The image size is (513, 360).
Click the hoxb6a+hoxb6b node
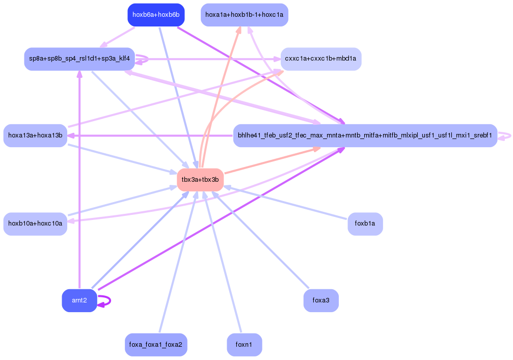(156, 15)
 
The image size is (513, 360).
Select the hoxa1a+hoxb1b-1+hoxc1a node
(245, 15)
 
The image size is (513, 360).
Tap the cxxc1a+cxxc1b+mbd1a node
(321, 59)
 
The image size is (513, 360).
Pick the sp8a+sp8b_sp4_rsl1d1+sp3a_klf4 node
(79, 59)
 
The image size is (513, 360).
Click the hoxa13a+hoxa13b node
(35, 135)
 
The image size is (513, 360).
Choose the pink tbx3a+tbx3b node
(200, 180)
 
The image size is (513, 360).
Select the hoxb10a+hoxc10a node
(35, 224)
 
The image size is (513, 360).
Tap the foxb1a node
(365, 224)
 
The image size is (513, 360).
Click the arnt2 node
(79, 300)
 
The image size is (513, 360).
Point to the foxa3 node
(321, 300)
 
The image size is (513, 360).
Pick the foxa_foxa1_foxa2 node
(156, 345)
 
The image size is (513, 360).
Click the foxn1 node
(245, 345)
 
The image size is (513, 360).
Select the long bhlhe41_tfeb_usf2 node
(365, 135)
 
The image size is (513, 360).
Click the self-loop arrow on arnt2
(105, 301)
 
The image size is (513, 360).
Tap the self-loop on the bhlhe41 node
(505, 136)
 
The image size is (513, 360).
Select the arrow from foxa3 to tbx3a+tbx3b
(260, 240)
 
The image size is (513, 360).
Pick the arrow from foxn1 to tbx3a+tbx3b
(222, 262)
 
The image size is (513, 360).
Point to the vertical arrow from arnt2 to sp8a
(79, 180)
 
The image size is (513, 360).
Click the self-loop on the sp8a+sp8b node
(142, 59)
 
